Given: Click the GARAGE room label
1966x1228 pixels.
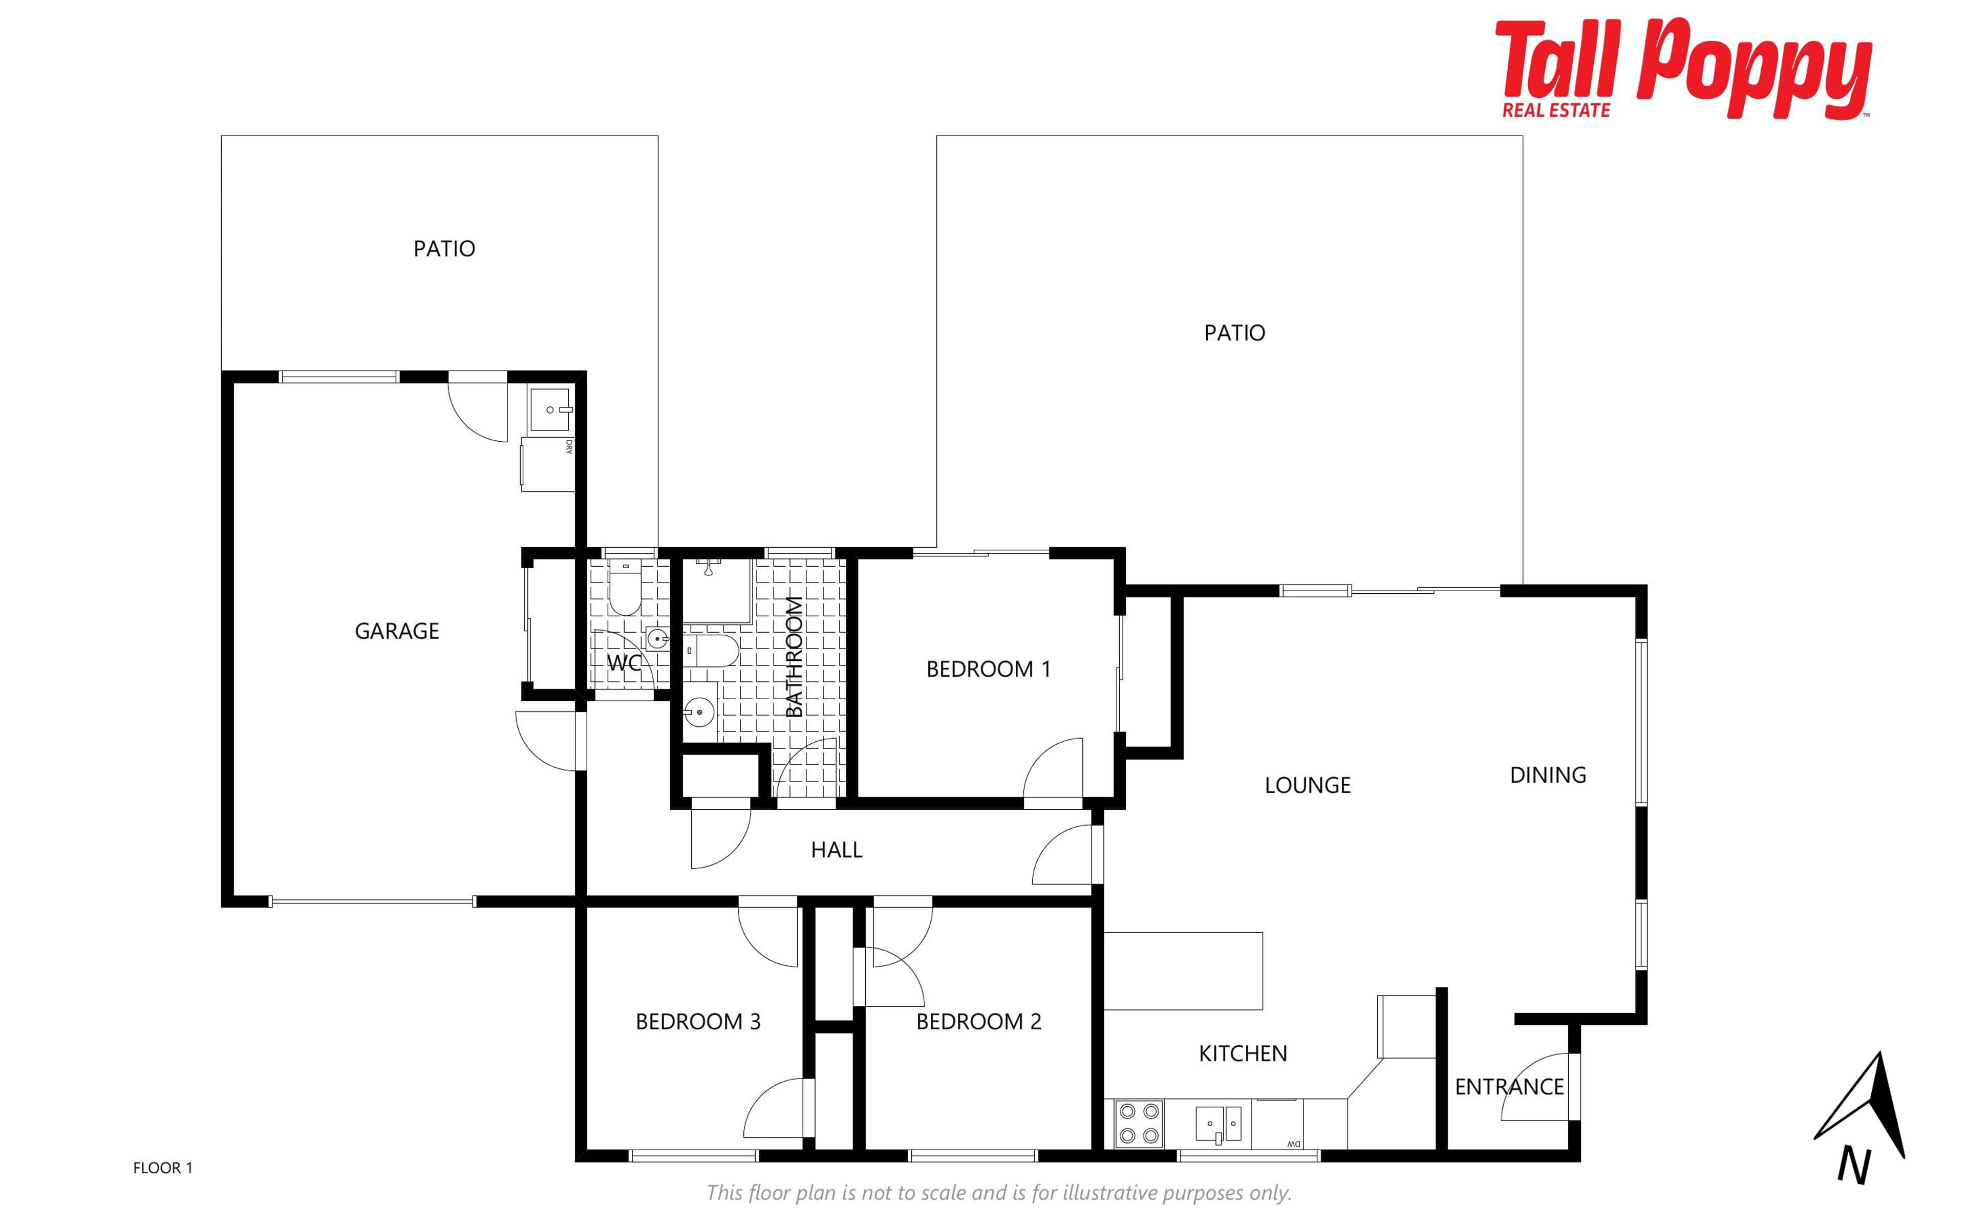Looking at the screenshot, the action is (x=397, y=631).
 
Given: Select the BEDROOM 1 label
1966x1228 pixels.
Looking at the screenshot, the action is (x=988, y=669).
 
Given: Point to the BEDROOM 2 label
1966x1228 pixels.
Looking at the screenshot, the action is (x=978, y=1022).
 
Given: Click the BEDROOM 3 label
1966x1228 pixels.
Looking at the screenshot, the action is (x=697, y=1022).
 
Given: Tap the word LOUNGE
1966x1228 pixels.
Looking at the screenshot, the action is (x=1308, y=785).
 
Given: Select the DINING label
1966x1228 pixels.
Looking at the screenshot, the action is (x=1548, y=775).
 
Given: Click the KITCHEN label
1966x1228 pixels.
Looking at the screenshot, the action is (x=1243, y=1053).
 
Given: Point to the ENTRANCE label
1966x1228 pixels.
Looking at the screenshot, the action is (x=1509, y=1087).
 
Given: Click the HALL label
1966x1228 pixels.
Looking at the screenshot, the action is (x=837, y=850).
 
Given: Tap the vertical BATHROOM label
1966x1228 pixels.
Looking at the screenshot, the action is (x=794, y=657).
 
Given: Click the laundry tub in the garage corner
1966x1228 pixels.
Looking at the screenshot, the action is (x=550, y=410).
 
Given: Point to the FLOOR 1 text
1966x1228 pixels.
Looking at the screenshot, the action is (x=162, y=1168).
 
